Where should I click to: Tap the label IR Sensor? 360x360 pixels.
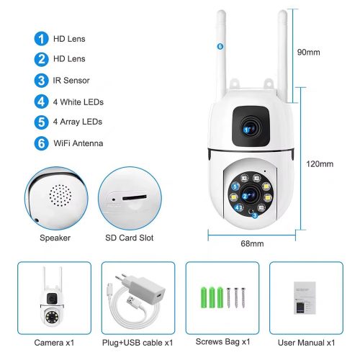[73, 80]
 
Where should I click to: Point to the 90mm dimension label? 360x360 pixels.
[307, 53]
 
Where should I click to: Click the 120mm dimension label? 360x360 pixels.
[320, 164]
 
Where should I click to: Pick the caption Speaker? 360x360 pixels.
[55, 237]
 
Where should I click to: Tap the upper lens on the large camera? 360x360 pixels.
[251, 128]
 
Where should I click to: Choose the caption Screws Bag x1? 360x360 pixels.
[223, 341]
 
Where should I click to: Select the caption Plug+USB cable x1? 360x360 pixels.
[138, 341]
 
